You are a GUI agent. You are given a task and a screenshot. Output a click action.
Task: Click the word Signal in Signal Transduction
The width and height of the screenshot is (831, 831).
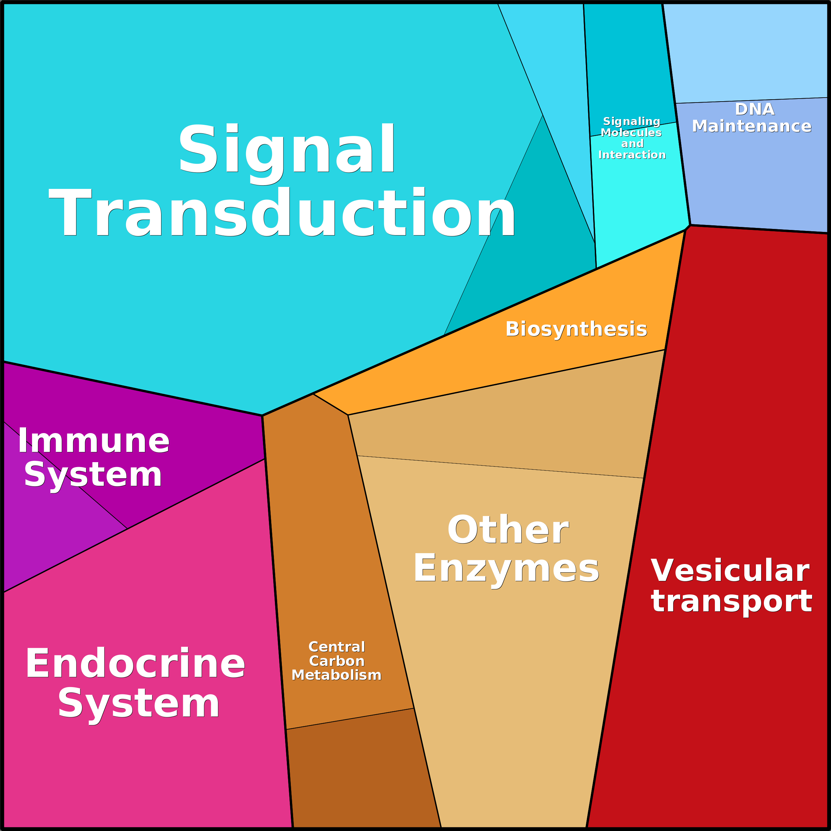(x=286, y=149)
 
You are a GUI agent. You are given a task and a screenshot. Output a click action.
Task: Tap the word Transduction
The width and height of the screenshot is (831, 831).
(x=282, y=212)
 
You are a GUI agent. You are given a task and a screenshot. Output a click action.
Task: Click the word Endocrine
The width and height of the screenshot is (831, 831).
(x=135, y=664)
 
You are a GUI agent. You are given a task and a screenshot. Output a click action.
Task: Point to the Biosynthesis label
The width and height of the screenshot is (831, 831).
(x=576, y=329)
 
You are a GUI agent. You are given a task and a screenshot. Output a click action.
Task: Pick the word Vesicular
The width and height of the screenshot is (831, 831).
(x=730, y=571)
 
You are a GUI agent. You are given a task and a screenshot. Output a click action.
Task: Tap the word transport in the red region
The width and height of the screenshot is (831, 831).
(x=731, y=601)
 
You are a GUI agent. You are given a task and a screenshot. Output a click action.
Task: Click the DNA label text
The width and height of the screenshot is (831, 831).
(x=755, y=109)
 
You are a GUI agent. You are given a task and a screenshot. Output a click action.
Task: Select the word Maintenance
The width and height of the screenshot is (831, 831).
(x=751, y=126)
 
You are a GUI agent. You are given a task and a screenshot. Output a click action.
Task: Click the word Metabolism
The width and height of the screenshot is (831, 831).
(x=336, y=675)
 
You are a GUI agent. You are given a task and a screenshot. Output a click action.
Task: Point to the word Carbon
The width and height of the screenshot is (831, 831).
(x=337, y=661)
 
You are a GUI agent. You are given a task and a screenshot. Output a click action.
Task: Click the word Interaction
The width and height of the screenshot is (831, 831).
(x=632, y=155)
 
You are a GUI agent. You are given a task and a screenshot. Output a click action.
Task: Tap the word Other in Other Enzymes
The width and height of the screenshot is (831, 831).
(x=508, y=530)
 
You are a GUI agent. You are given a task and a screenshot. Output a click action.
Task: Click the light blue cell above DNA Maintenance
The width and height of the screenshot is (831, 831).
(x=746, y=52)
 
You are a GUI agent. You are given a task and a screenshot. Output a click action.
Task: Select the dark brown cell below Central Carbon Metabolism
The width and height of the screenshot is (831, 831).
(x=361, y=774)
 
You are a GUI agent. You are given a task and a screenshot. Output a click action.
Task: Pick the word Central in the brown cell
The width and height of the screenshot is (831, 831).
(x=337, y=647)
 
